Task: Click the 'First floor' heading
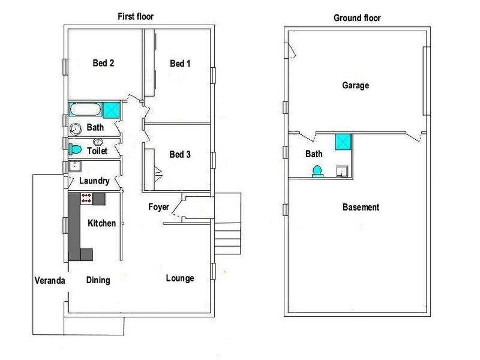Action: [136, 17]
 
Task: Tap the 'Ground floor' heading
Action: [357, 18]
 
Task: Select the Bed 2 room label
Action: [103, 63]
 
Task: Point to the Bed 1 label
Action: [180, 64]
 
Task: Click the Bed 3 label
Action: [180, 154]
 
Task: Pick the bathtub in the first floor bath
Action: [85, 110]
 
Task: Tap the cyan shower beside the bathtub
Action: [110, 110]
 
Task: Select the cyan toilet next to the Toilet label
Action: [75, 149]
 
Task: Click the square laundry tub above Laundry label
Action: [74, 167]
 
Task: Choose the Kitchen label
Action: [102, 223]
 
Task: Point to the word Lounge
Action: [180, 278]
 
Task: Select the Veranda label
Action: [49, 280]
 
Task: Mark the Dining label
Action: [98, 280]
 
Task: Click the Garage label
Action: [355, 86]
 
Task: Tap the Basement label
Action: [361, 208]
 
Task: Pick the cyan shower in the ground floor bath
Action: [342, 141]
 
